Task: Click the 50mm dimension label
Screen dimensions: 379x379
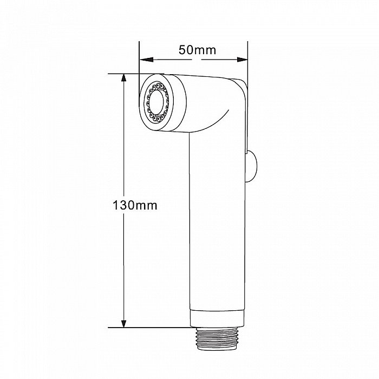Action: (x=197, y=50)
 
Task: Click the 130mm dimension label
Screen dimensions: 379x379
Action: (x=135, y=205)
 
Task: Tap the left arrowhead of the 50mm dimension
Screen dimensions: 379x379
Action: (x=147, y=60)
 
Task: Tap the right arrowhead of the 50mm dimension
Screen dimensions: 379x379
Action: (x=242, y=60)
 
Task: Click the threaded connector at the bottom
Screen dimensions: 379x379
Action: (x=217, y=339)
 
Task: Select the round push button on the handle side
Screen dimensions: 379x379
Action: (x=251, y=166)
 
